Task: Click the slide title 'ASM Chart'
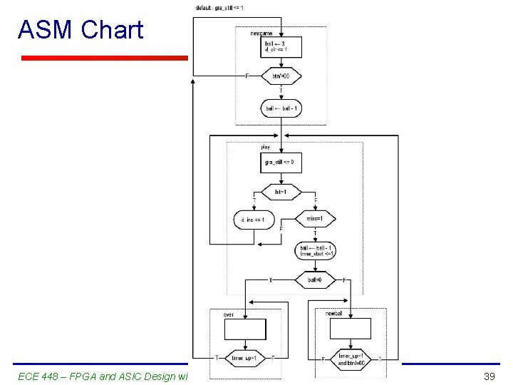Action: tap(81, 30)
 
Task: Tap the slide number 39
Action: tap(489, 376)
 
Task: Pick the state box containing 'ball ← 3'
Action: tap(281, 47)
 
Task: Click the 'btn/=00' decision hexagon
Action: tap(281, 75)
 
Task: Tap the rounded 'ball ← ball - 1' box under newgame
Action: tap(281, 108)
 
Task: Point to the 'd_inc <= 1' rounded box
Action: tap(253, 220)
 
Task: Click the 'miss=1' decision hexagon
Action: tap(315, 219)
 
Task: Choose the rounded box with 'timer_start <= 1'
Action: tap(315, 251)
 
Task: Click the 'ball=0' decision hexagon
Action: tap(315, 280)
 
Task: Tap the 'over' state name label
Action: tap(229, 314)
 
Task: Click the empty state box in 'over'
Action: tap(244, 329)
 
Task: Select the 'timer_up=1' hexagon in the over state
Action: tap(244, 357)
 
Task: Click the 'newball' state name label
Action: tap(335, 314)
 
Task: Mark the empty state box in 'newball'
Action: tap(350, 328)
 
